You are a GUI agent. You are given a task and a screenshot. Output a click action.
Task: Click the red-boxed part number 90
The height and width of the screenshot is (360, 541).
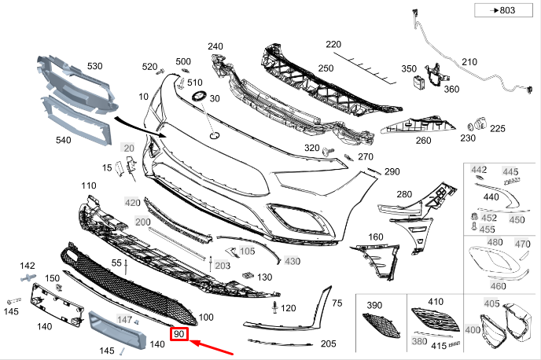(180, 334)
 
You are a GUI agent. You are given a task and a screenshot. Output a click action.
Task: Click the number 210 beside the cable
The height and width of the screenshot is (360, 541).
(469, 62)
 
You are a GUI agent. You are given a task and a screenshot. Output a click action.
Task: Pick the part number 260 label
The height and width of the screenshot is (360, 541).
(423, 141)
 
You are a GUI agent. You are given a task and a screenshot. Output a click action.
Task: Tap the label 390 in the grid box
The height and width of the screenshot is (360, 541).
(374, 304)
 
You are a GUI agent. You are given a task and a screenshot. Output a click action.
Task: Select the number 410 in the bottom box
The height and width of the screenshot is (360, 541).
(436, 302)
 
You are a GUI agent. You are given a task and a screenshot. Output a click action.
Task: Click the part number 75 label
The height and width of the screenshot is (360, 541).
(337, 303)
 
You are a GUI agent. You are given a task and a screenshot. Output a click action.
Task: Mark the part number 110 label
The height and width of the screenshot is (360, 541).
(88, 186)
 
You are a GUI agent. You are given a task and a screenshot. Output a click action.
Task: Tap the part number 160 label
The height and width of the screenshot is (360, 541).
(376, 237)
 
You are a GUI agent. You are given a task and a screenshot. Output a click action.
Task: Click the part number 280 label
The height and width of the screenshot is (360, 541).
(404, 193)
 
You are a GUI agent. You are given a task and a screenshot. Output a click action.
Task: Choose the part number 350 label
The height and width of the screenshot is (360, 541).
(409, 69)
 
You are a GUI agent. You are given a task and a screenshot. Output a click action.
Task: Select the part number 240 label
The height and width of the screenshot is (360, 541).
(215, 46)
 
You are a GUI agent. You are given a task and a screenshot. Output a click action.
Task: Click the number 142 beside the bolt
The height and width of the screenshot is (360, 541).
(28, 266)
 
